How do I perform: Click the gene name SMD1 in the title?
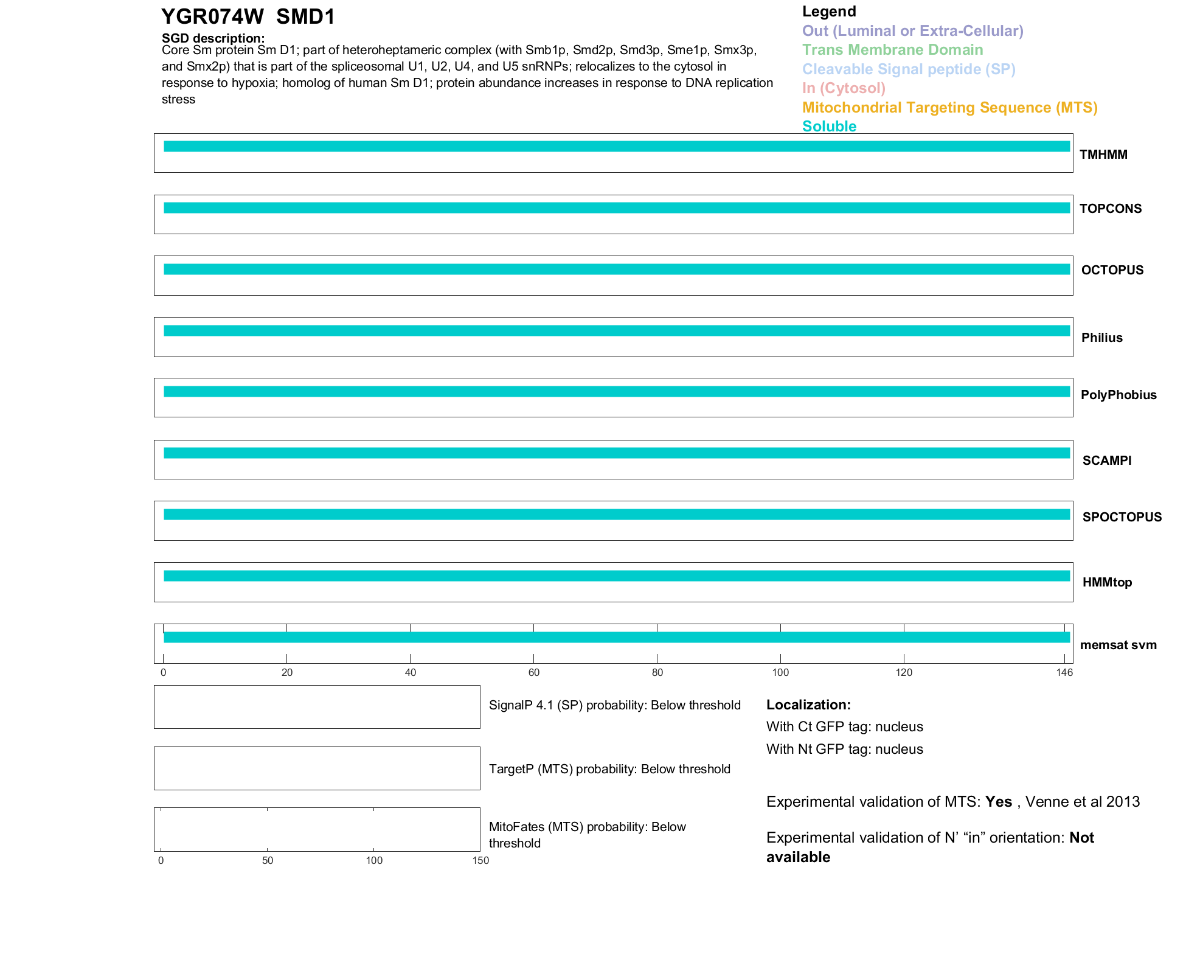click(x=305, y=17)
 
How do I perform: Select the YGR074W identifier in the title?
click(x=212, y=17)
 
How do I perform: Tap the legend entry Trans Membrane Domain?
click(x=892, y=50)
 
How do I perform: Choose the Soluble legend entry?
click(x=829, y=127)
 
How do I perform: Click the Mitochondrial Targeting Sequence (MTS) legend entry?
click(x=949, y=108)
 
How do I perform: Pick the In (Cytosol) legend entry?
click(x=844, y=88)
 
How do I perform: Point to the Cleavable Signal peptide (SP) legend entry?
click(x=909, y=69)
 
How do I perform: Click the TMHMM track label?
click(x=1103, y=155)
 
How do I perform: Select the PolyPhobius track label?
click(x=1118, y=395)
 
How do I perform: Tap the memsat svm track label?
click(x=1118, y=645)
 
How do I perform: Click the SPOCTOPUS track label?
click(x=1122, y=517)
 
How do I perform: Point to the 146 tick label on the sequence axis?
click(x=1064, y=672)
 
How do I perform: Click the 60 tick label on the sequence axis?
click(x=534, y=672)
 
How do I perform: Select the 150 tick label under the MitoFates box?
click(x=480, y=860)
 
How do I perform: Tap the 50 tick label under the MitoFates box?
click(x=268, y=860)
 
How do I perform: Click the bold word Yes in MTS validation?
click(x=998, y=802)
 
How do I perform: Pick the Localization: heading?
click(x=808, y=705)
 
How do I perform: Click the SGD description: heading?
click(x=213, y=38)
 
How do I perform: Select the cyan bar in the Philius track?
click(x=616, y=331)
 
